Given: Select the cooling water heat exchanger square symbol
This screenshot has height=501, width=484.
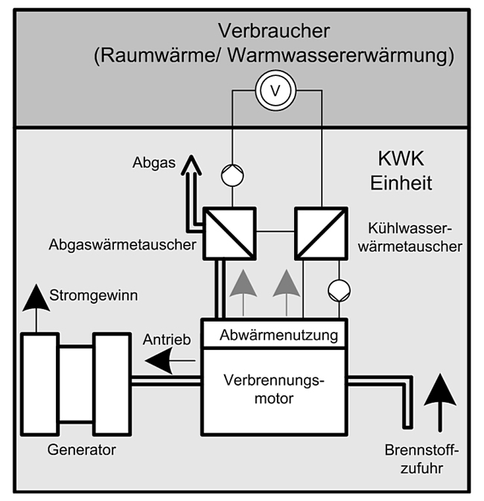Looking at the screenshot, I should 321,233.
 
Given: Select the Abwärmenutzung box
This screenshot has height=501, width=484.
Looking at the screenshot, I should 278,335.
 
